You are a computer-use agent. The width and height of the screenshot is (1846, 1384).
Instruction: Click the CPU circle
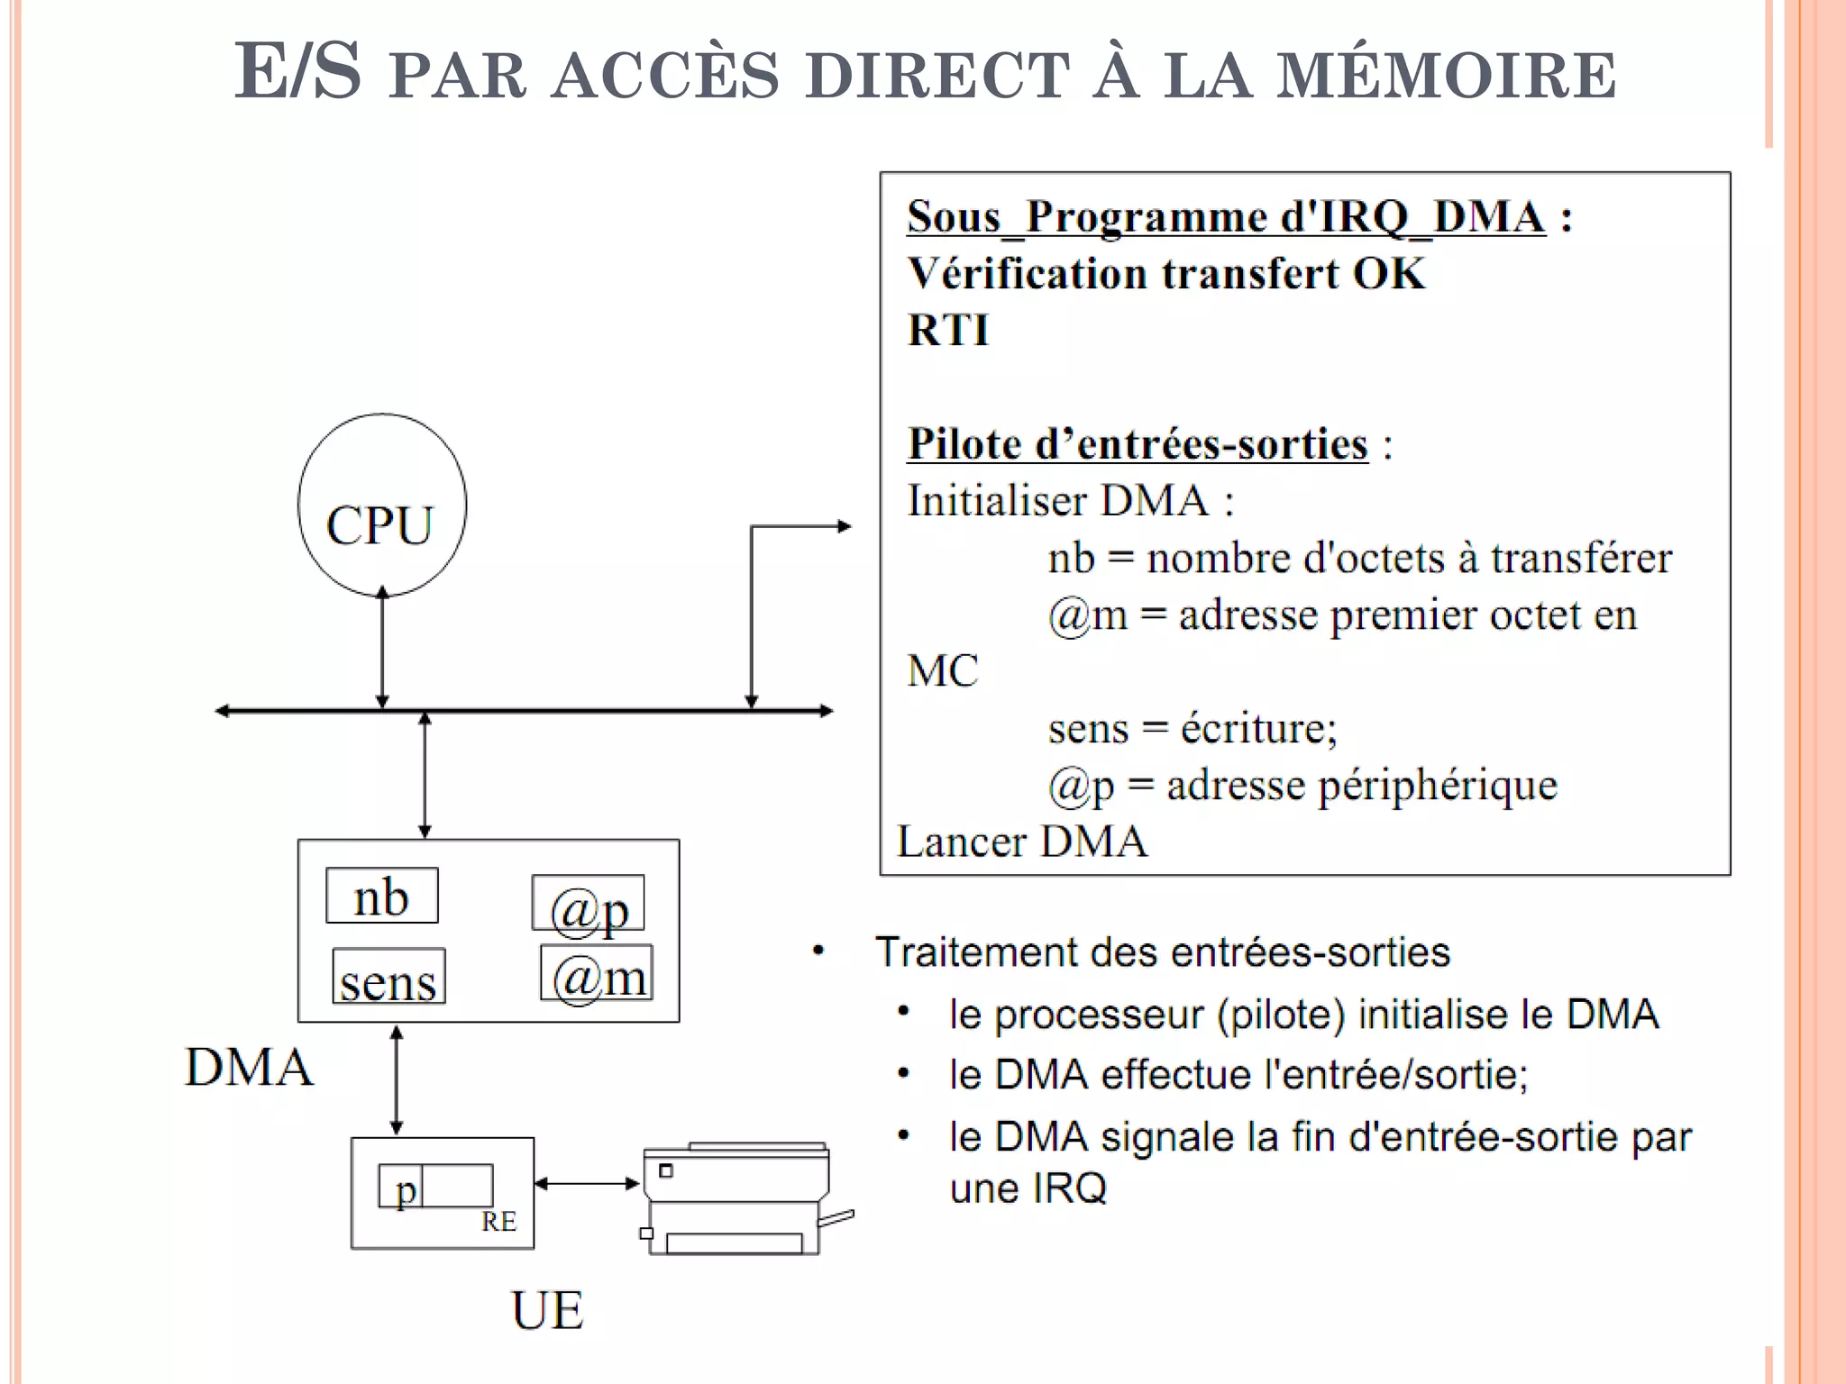[382, 505]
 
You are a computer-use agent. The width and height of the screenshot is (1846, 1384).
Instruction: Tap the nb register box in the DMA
[382, 896]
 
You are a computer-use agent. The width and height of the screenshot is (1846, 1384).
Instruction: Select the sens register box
[388, 977]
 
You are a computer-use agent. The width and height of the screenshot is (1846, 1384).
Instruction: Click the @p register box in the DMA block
[588, 904]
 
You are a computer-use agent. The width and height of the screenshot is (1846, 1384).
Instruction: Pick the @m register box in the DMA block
[597, 973]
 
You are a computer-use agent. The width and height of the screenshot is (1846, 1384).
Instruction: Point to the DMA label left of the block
[249, 1068]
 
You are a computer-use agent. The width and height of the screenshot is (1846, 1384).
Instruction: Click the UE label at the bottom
[547, 1310]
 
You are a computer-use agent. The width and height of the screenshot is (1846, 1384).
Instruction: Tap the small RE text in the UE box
[498, 1222]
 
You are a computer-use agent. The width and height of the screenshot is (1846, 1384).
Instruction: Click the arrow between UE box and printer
[587, 1183]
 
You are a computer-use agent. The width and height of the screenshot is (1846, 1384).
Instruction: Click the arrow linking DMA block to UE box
[397, 1079]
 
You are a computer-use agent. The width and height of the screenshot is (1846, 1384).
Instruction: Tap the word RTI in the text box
[948, 330]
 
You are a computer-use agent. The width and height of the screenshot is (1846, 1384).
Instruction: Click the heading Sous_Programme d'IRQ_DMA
[1226, 217]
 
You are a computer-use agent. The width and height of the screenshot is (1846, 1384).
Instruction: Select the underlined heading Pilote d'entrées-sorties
[1138, 444]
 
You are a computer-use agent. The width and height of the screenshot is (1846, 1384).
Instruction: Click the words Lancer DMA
[1023, 842]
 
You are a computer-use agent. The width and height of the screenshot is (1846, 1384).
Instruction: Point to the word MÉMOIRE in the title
[1447, 75]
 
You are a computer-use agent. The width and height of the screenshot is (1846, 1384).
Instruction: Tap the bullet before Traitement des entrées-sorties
[818, 951]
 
